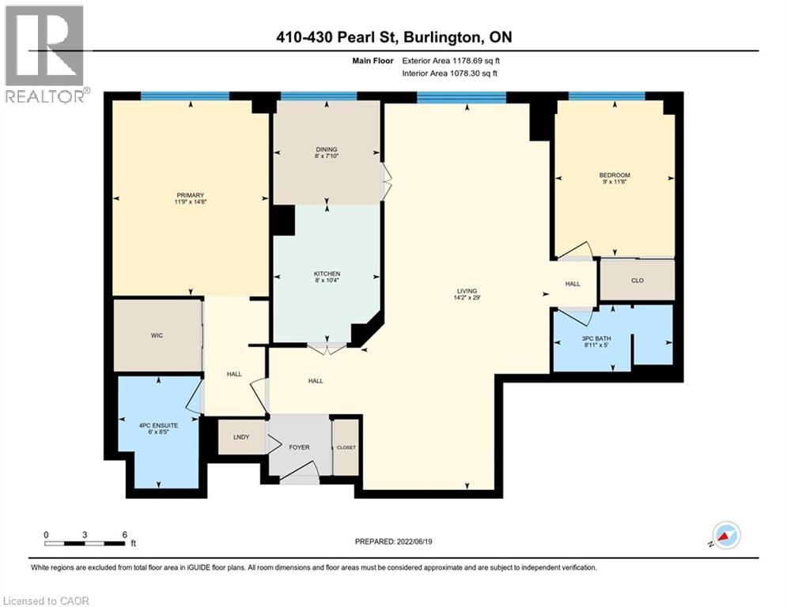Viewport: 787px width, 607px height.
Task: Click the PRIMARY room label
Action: coord(191,195)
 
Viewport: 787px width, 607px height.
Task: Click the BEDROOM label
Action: coord(614,175)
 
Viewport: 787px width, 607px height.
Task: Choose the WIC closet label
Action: coord(157,335)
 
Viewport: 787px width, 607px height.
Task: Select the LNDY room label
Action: coord(241,437)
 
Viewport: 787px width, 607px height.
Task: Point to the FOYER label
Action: coord(298,447)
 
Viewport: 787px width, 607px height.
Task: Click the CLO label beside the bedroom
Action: coord(637,279)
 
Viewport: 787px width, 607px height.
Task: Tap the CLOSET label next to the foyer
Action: coord(346,447)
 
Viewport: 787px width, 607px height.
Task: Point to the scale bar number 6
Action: coord(125,534)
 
